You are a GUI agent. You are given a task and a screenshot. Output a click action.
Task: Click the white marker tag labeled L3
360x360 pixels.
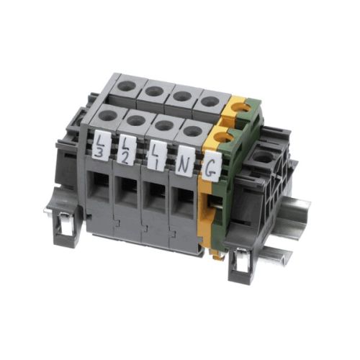(102, 145)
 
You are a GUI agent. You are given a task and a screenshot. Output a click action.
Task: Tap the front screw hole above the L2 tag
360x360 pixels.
(134, 120)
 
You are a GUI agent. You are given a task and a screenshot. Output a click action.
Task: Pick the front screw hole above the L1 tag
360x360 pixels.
(163, 125)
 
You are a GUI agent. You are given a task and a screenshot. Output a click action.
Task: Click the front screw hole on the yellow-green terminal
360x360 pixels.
(223, 136)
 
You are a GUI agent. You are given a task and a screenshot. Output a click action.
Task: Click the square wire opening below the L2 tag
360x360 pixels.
(128, 193)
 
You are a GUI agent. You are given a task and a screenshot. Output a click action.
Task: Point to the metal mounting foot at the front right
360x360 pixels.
(239, 269)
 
